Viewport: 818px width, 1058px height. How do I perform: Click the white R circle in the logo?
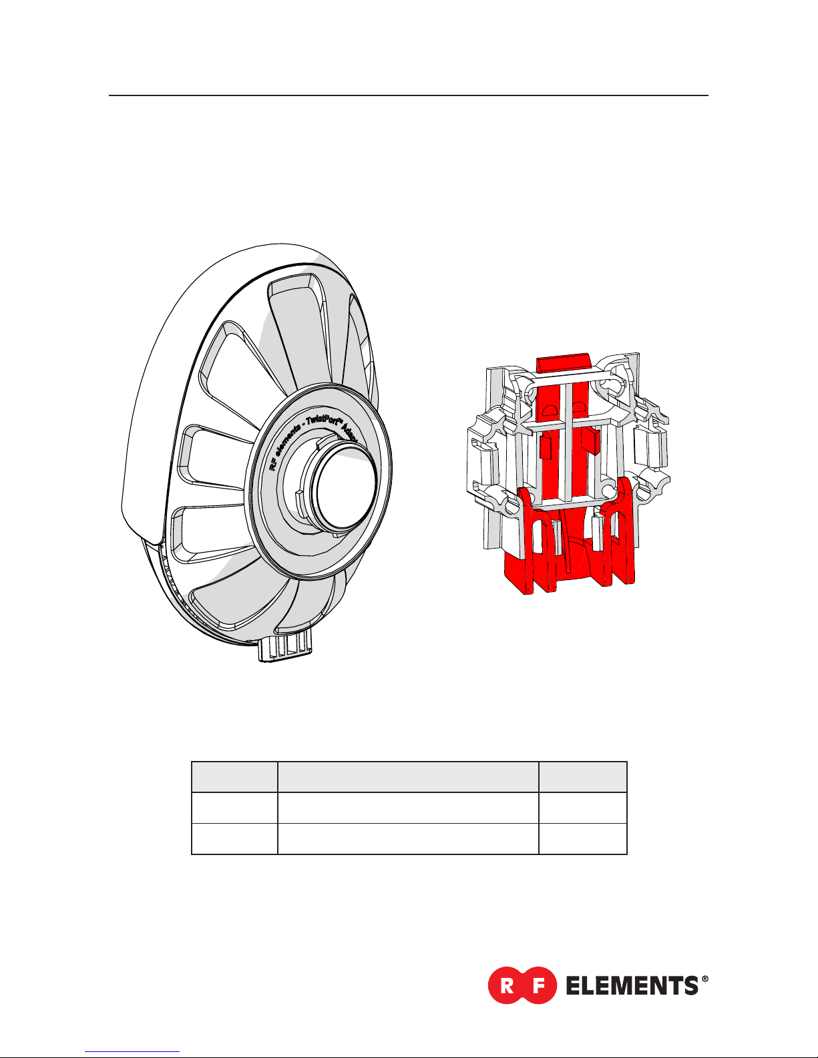coord(507,985)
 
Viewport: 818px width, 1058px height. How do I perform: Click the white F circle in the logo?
coord(538,985)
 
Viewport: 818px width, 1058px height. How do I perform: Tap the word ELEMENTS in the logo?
coord(632,985)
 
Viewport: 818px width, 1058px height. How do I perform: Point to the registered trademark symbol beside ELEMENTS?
coord(704,979)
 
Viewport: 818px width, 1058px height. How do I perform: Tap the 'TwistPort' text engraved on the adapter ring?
coord(323,422)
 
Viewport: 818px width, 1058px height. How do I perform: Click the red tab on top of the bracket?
coord(564,362)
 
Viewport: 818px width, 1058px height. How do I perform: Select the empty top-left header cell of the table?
coord(234,777)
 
